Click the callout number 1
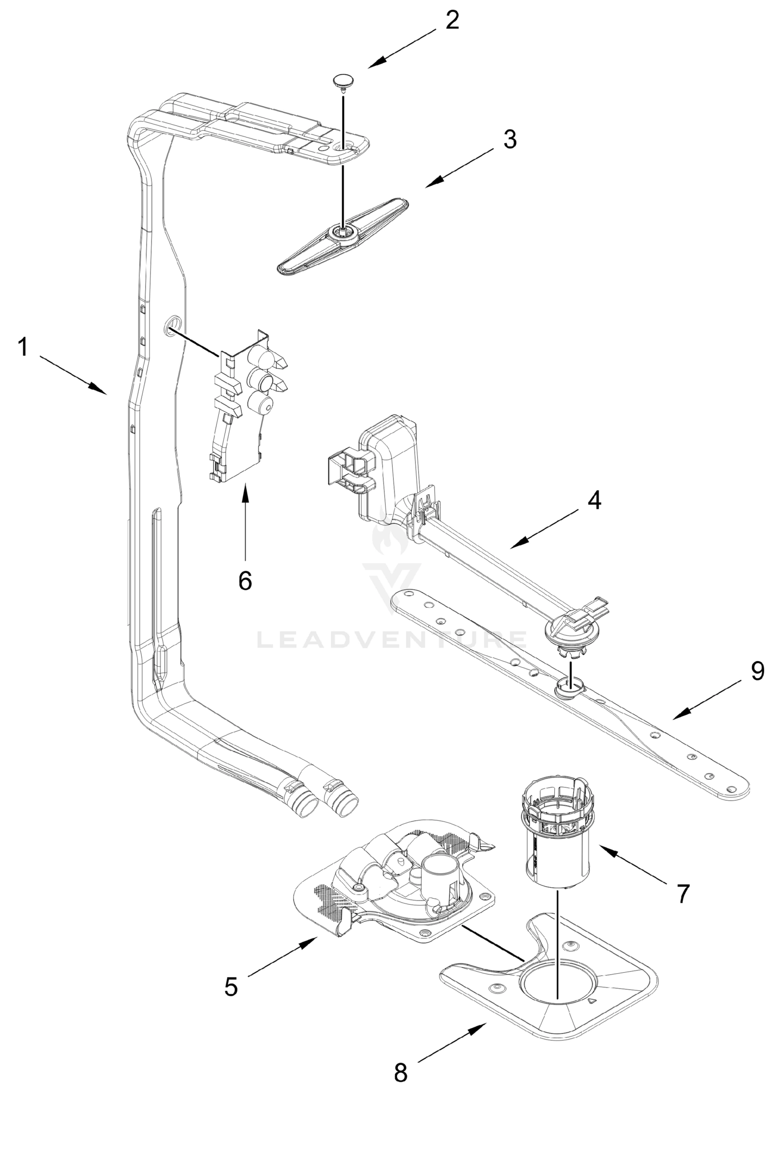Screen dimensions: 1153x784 [23, 347]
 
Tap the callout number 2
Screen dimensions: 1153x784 [452, 20]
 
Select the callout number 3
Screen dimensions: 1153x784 [510, 140]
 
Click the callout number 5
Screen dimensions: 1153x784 [231, 987]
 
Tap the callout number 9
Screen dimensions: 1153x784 [757, 671]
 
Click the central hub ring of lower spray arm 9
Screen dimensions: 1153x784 [569, 687]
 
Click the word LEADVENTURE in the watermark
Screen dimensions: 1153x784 [392, 639]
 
